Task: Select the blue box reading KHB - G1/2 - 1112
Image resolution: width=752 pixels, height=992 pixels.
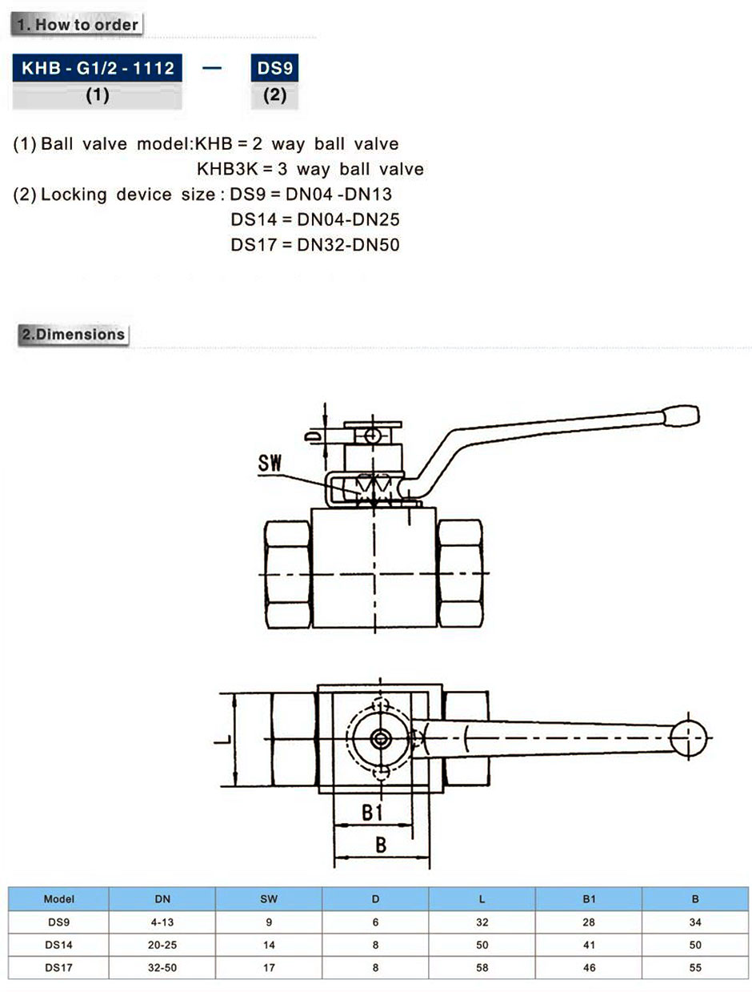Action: coord(98,68)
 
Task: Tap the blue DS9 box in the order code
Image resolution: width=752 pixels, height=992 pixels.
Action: coord(274,68)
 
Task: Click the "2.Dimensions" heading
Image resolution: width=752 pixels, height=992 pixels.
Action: coord(73,335)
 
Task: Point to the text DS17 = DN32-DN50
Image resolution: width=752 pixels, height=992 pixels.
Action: coord(315,245)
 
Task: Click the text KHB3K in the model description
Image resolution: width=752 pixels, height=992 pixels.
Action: coord(227,170)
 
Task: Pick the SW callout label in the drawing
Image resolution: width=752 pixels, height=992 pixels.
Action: coord(270,464)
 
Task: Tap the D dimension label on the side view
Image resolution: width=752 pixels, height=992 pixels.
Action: coord(312,436)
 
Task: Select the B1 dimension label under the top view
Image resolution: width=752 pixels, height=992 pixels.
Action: coord(372,813)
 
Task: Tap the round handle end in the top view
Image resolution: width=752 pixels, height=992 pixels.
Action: coord(688,738)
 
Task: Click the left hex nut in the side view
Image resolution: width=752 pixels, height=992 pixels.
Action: coord(287,574)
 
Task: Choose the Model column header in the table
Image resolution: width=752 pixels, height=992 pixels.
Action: coord(58,899)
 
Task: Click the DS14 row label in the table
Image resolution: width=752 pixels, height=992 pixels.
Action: coord(58,945)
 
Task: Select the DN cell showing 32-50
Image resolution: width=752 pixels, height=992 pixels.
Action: coord(162,968)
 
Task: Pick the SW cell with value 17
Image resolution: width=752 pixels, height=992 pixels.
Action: coord(269,968)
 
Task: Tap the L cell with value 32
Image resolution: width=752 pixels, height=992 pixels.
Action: coord(482,922)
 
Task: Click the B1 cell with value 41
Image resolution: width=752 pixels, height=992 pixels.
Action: coord(589,945)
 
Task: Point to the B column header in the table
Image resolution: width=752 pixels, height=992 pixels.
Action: coord(695,899)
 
